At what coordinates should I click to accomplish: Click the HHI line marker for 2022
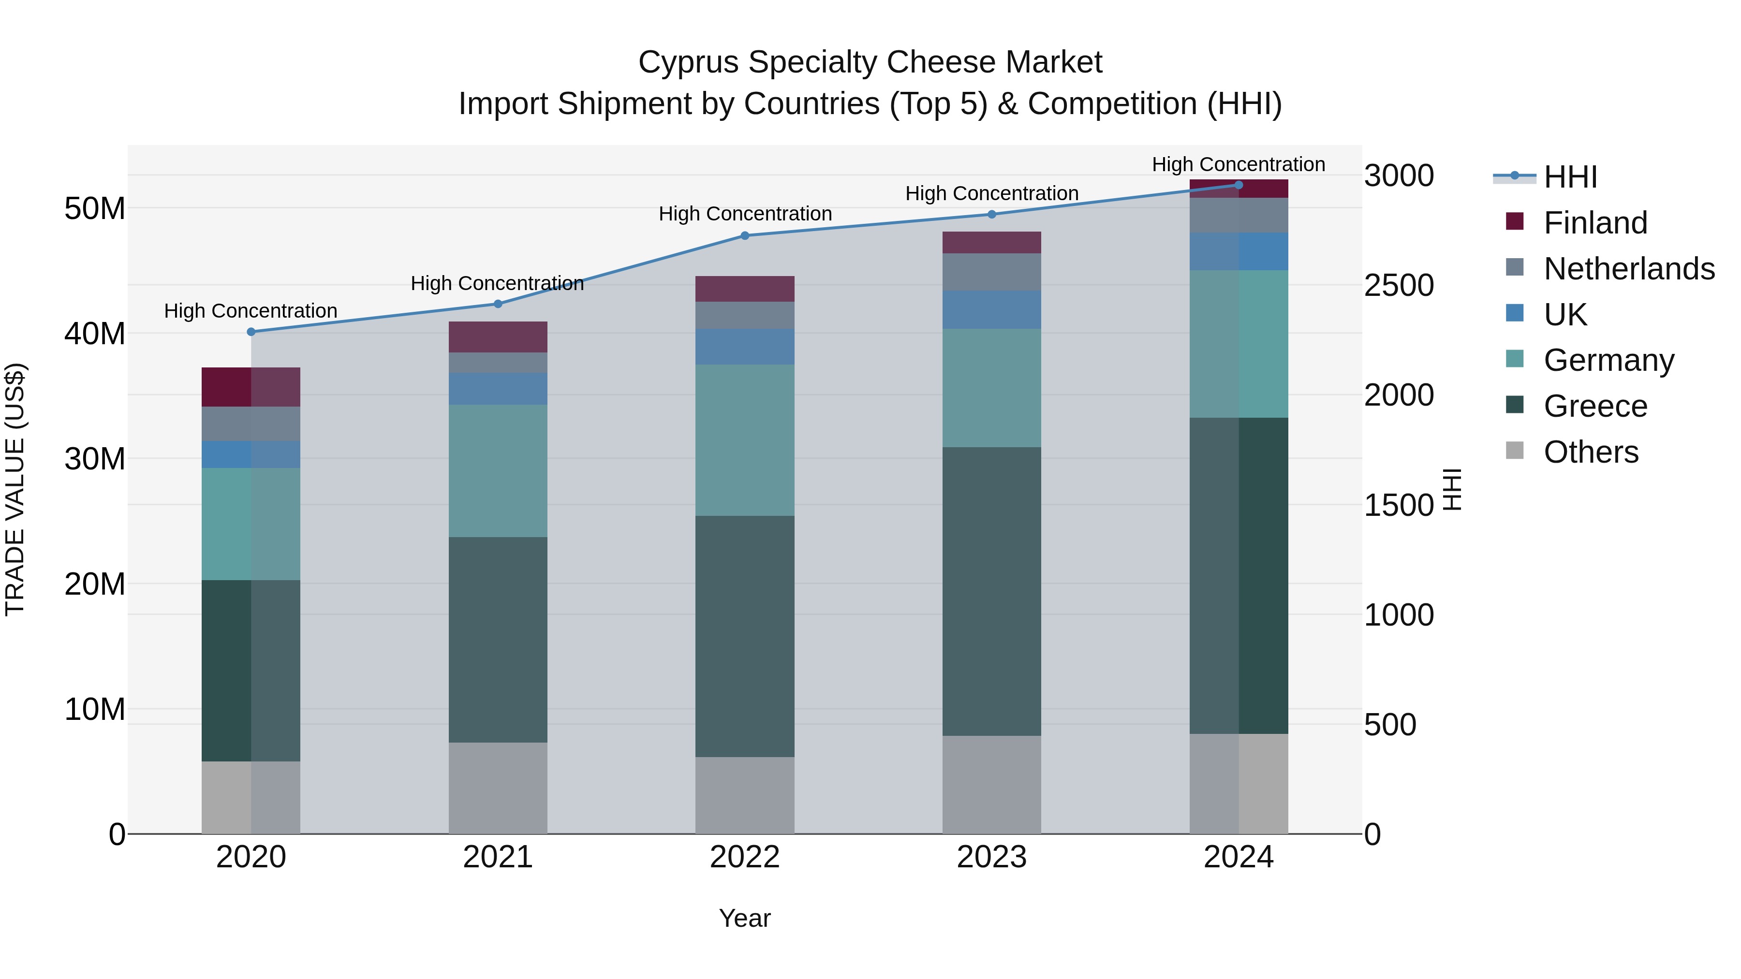(x=745, y=236)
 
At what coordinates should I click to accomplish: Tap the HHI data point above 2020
(x=251, y=332)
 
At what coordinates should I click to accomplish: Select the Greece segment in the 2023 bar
(x=991, y=591)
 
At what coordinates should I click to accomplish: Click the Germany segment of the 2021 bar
(x=498, y=471)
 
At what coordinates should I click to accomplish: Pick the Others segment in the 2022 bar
(x=745, y=795)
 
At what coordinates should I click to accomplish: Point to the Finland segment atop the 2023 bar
(x=991, y=243)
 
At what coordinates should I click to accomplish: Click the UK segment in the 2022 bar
(x=745, y=347)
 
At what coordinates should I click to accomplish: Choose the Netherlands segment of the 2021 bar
(x=498, y=363)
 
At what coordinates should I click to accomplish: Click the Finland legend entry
(x=1595, y=223)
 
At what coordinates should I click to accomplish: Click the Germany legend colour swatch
(x=1515, y=359)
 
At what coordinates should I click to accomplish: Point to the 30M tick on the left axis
(x=95, y=459)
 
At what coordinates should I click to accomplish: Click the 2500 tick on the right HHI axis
(x=1398, y=285)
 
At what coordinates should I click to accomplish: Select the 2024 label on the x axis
(x=1238, y=857)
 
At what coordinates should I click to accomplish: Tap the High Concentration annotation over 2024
(x=1238, y=164)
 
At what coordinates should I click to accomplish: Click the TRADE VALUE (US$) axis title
(x=15, y=489)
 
